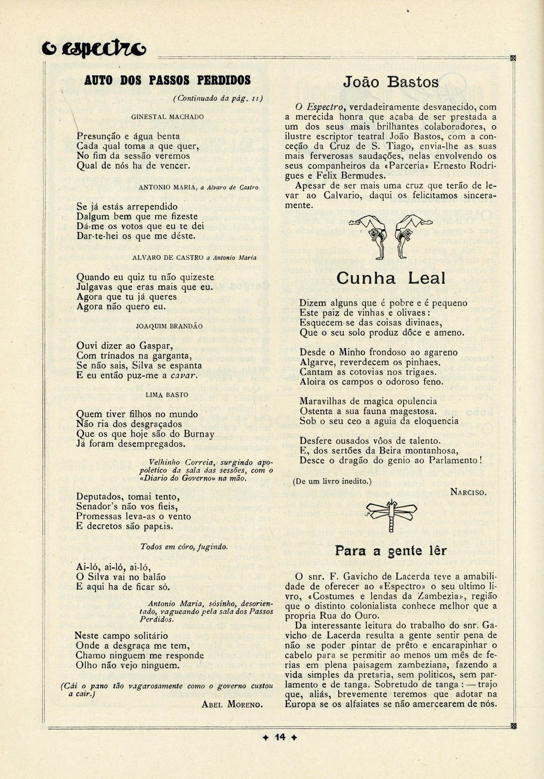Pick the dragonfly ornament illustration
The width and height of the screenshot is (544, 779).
click(x=391, y=515)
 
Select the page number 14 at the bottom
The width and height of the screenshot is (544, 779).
click(x=280, y=737)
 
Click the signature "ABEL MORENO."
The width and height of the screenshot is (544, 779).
click(x=232, y=705)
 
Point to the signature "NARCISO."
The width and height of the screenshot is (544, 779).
click(x=468, y=491)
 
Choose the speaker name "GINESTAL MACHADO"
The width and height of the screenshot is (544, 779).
click(x=167, y=117)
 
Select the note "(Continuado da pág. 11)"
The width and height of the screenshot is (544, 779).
click(x=218, y=98)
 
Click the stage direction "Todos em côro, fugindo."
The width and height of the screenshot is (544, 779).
click(x=184, y=547)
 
